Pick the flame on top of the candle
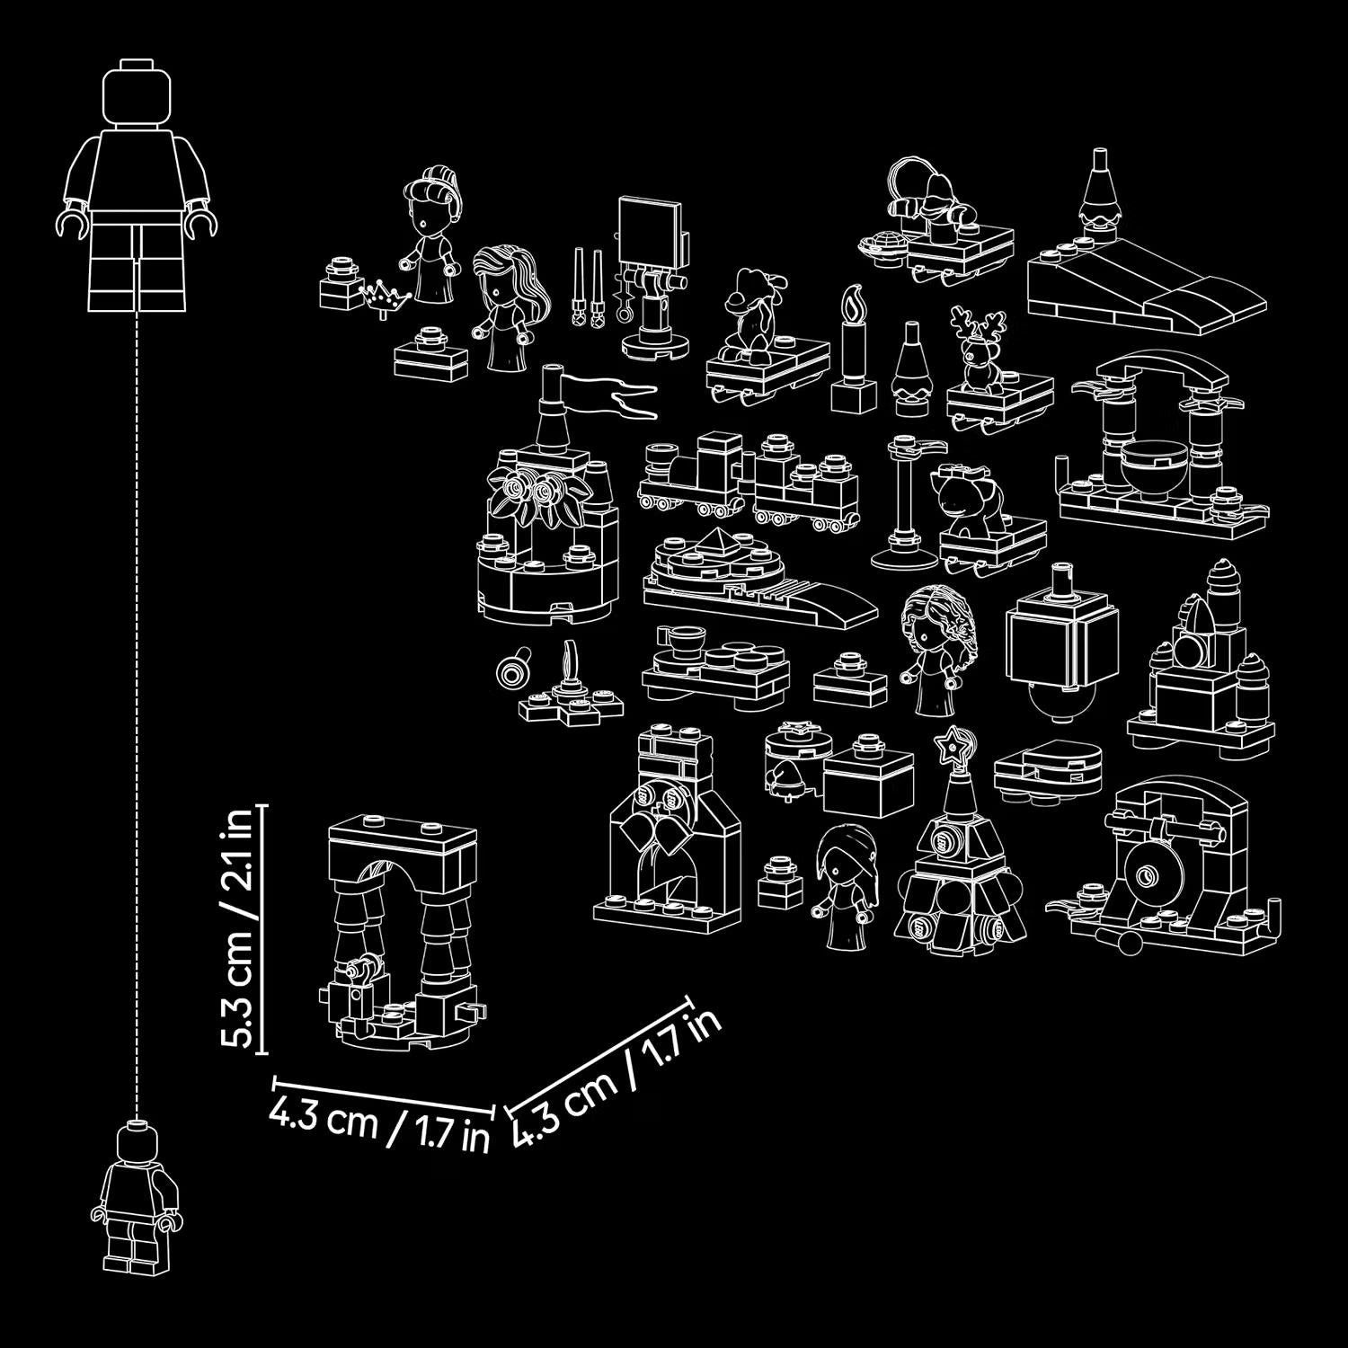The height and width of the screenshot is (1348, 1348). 854,300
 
